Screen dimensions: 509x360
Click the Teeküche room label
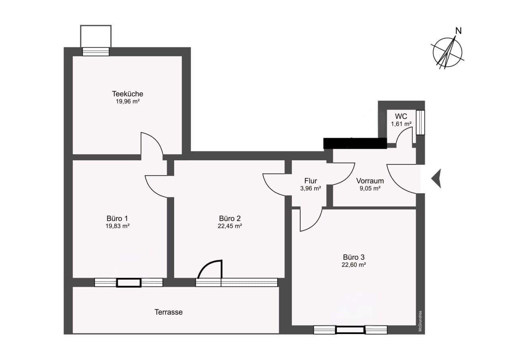point(128,93)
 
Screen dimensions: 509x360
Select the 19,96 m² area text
point(128,101)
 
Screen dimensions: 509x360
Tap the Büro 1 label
point(117,218)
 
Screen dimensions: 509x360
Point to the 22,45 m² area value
point(230,226)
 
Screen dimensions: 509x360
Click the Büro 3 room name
point(354,257)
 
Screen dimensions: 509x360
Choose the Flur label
point(311,181)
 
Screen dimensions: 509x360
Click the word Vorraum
point(370,181)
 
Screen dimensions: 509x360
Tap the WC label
point(401,117)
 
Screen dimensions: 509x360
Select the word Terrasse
point(168,312)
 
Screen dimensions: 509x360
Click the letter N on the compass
point(458,31)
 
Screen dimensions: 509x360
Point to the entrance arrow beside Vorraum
point(437,179)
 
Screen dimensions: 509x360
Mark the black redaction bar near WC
point(355,144)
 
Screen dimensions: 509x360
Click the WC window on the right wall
point(420,123)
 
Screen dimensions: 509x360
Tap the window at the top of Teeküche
point(96,52)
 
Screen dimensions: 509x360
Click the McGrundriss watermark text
point(420,321)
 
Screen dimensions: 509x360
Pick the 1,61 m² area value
point(401,124)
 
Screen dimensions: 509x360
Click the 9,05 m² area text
point(370,189)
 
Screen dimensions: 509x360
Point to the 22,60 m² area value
point(354,265)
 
